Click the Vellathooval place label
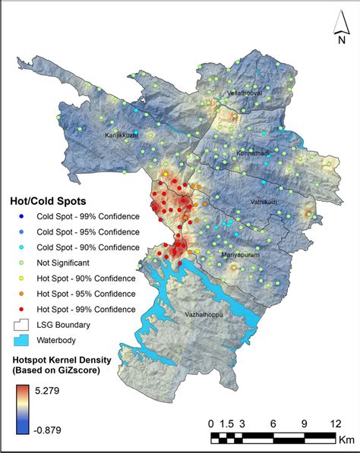tap(245, 93)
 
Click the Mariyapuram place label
tap(242, 256)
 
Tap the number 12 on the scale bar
tap(333, 423)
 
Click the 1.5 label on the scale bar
tap(227, 423)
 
